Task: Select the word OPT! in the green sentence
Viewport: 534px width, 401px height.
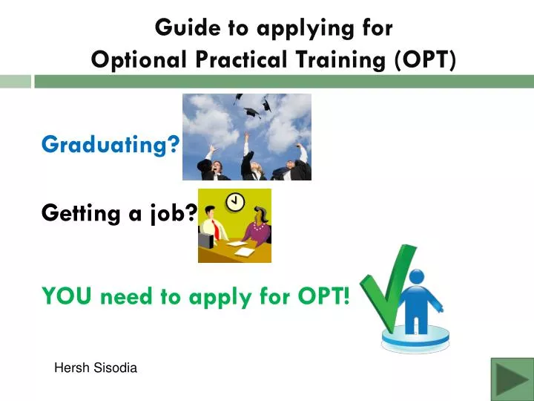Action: click(323, 296)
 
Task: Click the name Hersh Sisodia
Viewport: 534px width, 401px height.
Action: click(96, 368)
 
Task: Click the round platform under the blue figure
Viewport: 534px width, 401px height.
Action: click(415, 339)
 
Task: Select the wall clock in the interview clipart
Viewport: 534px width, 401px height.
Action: click(235, 202)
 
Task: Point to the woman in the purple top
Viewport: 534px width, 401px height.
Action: click(257, 226)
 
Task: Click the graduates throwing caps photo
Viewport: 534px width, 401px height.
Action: click(247, 137)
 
